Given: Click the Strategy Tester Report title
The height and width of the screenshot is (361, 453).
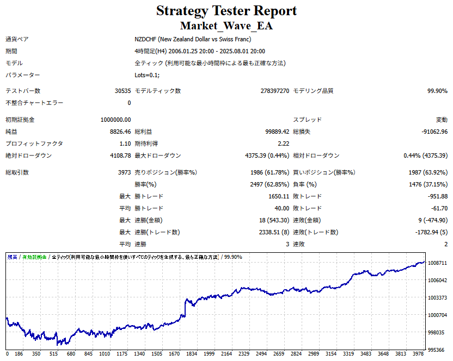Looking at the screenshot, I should click(226, 11).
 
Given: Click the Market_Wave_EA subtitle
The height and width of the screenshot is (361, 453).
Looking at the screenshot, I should click(226, 26).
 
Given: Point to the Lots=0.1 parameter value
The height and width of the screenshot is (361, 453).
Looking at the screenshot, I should click(147, 75).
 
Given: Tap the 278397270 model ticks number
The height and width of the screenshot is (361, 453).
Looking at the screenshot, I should click(275, 91).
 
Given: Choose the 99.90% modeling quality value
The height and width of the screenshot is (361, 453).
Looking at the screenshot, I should click(437, 91).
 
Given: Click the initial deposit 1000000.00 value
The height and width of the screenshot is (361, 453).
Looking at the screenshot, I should click(115, 120).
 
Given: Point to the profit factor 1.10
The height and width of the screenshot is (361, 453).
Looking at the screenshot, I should click(125, 144).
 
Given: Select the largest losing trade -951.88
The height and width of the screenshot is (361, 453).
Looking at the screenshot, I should click(437, 196).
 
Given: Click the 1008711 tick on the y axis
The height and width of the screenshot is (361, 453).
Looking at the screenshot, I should click(438, 263).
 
